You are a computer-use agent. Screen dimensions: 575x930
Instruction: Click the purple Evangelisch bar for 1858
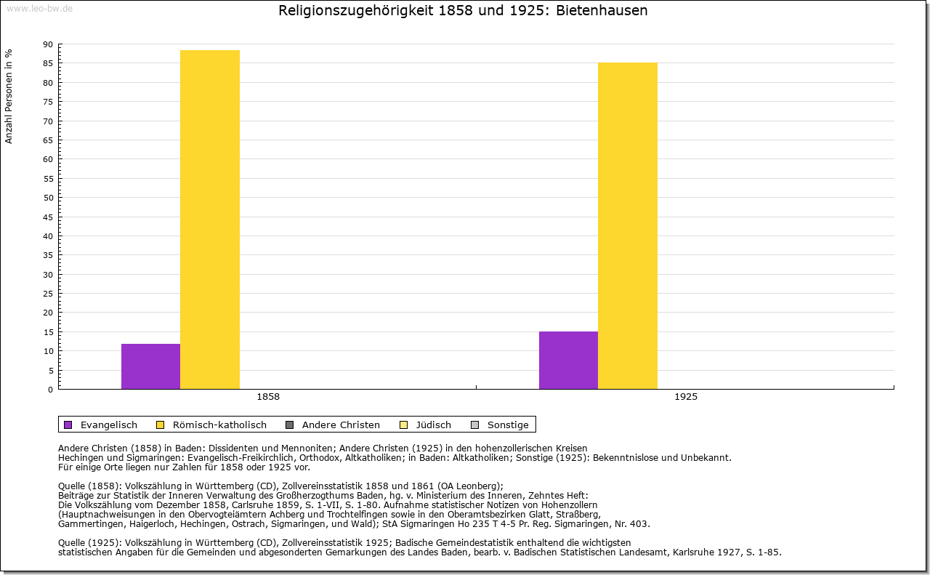coord(150,366)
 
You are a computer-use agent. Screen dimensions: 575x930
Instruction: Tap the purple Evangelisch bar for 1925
coord(568,360)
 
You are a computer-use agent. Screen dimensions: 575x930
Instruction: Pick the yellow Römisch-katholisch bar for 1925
coord(628,225)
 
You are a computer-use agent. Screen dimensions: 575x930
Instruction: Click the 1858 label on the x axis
coord(268,398)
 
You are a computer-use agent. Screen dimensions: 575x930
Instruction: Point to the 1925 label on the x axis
coord(686,398)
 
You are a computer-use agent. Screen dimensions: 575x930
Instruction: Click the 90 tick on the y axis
coord(48,44)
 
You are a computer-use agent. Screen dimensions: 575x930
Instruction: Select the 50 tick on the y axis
coord(48,198)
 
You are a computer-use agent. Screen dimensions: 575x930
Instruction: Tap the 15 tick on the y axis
coord(48,332)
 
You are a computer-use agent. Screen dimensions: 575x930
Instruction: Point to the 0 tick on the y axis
coord(50,390)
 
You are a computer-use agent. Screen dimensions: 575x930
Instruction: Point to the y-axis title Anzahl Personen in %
coord(9,97)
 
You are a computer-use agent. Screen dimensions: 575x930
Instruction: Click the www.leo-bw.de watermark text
coord(39,8)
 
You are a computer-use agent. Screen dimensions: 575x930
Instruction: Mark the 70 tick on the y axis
coord(48,121)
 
